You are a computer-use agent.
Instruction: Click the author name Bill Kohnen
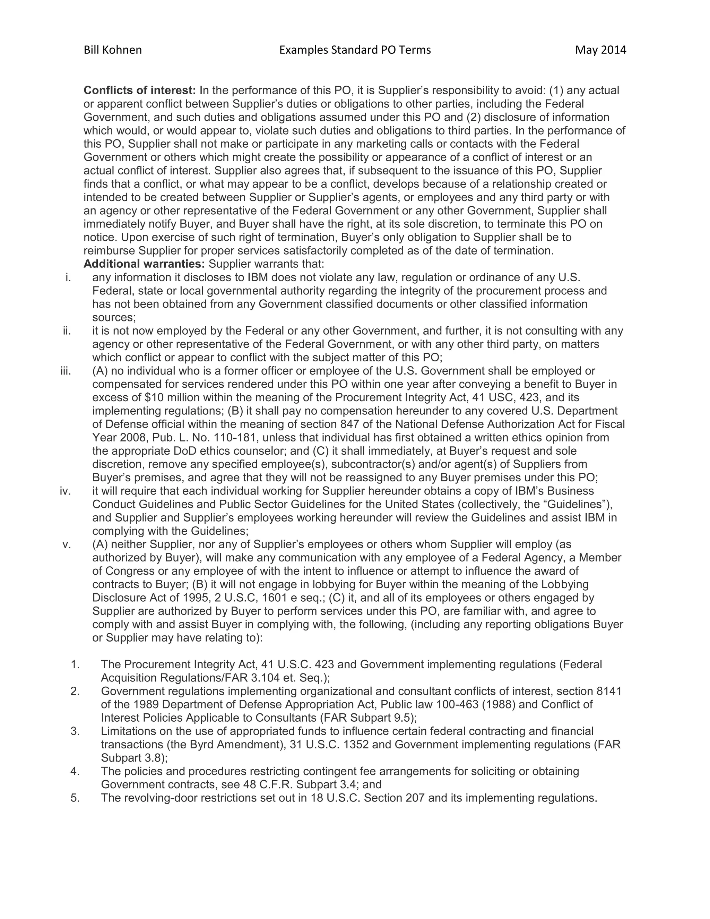coord(113,50)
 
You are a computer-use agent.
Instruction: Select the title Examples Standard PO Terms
coord(355,50)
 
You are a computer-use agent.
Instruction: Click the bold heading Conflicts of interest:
coord(140,91)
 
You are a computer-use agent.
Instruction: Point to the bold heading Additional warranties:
coord(144,264)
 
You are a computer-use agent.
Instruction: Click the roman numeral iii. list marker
coord(66,371)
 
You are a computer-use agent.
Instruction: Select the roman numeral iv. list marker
coord(65,491)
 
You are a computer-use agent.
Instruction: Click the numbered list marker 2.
coord(75,692)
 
